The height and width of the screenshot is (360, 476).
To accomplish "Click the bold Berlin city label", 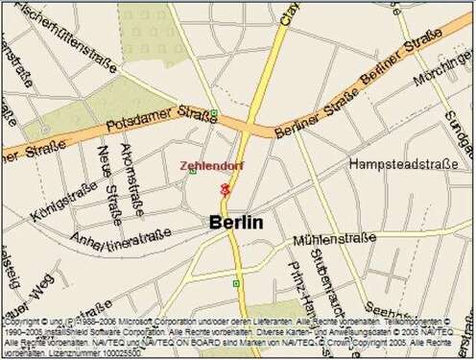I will click(x=236, y=223).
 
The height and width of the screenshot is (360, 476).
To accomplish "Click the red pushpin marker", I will click(x=225, y=190).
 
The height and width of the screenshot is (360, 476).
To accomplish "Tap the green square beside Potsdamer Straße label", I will click(x=213, y=113).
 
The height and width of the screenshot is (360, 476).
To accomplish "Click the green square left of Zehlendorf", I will click(x=193, y=172).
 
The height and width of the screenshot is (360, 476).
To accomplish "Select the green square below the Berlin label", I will click(x=236, y=283).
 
